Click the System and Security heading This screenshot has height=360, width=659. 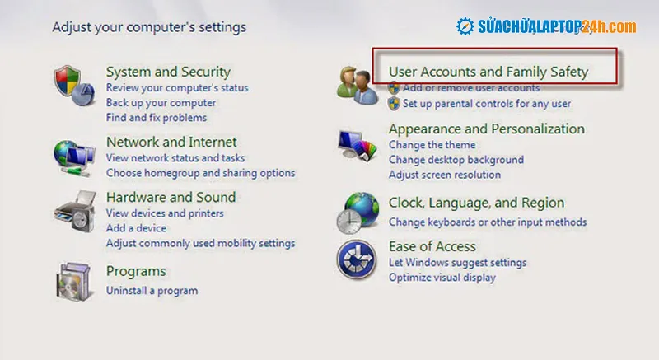168,72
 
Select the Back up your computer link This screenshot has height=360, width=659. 161,103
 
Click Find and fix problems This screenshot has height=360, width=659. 156,118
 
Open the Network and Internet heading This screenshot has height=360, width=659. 171,142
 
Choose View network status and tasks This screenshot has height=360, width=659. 175,157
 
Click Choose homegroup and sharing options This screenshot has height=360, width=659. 200,173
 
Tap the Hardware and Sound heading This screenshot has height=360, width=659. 171,197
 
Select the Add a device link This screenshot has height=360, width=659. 136,228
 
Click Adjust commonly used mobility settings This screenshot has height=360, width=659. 200,244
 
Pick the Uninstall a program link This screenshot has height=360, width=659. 152,291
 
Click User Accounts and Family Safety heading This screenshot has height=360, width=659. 488,72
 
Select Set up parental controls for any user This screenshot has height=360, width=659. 486,104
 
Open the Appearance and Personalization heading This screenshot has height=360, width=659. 486,129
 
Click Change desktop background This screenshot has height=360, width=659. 456,160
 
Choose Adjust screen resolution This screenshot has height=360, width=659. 444,175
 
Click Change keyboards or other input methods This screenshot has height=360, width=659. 488,222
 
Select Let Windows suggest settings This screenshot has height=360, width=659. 457,263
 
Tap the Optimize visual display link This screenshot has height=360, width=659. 442,278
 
